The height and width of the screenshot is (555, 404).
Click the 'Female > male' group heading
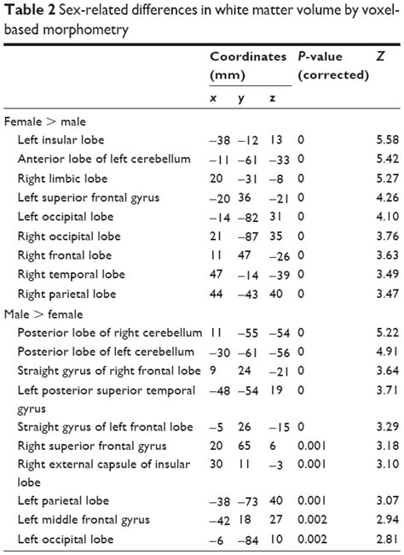44,122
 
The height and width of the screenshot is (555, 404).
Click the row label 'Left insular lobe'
64,140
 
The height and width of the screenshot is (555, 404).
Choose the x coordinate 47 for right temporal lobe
216,274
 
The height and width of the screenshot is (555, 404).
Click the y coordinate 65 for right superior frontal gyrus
244,445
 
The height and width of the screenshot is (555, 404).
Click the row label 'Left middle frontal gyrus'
82,520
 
